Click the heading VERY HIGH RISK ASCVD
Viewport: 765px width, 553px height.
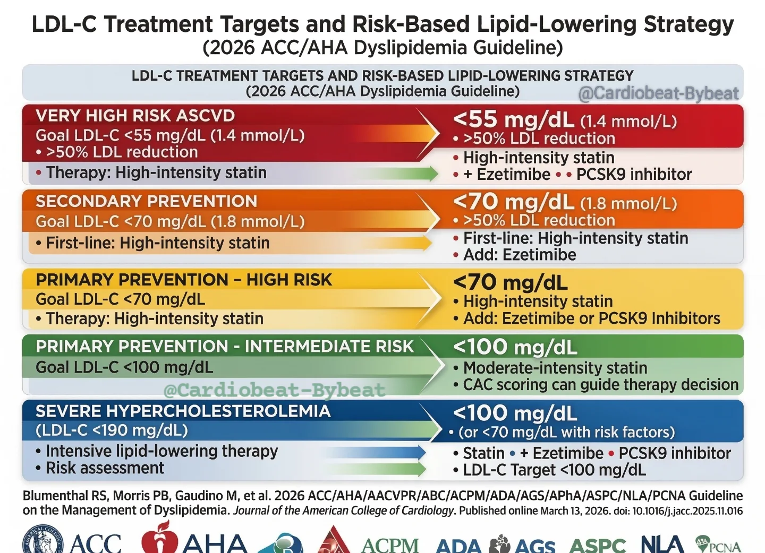pos(135,116)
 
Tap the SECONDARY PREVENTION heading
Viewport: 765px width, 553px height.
pos(147,201)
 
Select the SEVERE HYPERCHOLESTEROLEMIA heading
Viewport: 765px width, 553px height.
pos(183,411)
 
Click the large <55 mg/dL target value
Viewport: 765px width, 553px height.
pos(514,119)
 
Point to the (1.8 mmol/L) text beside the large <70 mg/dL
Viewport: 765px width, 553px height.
pos(629,204)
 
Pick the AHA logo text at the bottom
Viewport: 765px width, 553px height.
pos(215,542)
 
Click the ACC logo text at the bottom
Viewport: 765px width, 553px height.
pos(96,543)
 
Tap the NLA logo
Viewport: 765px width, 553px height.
pos(662,542)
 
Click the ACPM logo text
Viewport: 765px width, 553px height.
pos(390,545)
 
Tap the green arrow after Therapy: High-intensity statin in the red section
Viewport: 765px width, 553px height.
pos(396,173)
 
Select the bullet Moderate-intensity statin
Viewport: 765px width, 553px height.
pos(550,368)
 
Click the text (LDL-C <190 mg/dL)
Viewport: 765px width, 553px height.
pos(112,430)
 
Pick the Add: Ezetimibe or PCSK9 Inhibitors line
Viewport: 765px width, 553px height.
pos(586,318)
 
